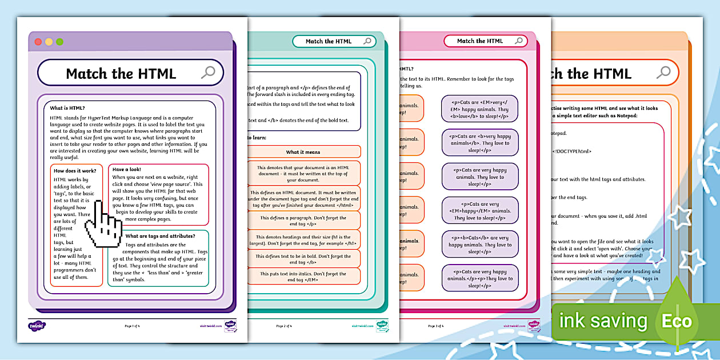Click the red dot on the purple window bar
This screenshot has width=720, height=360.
[x=38, y=42]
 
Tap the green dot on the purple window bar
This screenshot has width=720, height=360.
[x=59, y=42]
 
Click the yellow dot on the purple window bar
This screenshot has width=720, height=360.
[x=49, y=42]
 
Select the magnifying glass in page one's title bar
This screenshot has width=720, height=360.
[x=208, y=73]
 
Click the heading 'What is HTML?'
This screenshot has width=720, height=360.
[x=67, y=108]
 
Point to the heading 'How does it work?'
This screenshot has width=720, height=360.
[x=75, y=170]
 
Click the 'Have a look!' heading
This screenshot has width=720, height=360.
[x=127, y=169]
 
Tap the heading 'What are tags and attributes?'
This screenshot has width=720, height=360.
[x=160, y=236]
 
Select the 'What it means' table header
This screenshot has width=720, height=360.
[x=303, y=152]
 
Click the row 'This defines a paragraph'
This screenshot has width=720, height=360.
[x=303, y=221]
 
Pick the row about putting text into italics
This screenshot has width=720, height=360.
[x=303, y=277]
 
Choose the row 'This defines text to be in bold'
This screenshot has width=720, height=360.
[x=303, y=259]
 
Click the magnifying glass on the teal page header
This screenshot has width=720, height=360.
[x=367, y=41]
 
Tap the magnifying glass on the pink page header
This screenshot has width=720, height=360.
[x=519, y=41]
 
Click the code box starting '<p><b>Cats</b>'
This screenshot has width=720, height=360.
[x=480, y=245]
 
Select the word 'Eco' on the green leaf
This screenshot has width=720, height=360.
[x=677, y=321]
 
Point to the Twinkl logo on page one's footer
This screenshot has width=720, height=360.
[x=37, y=326]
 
